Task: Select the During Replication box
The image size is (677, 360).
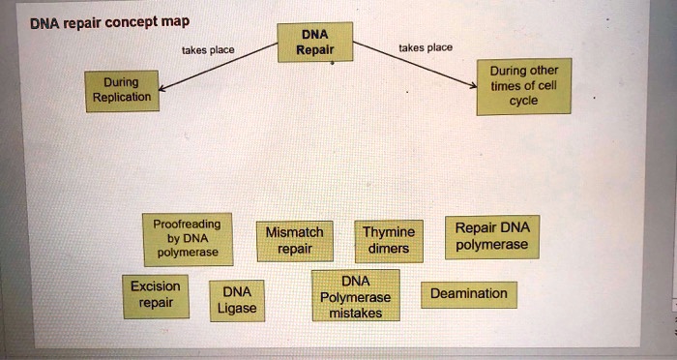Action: (122, 90)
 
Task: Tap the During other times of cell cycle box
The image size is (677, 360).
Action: (524, 86)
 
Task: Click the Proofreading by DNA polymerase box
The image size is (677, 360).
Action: (187, 238)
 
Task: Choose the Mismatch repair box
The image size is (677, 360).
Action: (294, 240)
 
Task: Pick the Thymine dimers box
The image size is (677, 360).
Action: (389, 240)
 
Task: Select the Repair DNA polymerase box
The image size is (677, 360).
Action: (491, 236)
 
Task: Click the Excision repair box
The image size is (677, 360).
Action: (155, 294)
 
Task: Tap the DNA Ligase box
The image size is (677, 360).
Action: (237, 300)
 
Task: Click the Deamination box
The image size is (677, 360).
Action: (468, 293)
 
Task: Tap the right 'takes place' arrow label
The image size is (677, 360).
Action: (425, 46)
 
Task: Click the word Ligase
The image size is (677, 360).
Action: (237, 309)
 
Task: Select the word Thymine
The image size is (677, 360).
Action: (389, 232)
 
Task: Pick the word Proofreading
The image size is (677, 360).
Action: (187, 224)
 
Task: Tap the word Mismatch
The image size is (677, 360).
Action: (294, 232)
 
